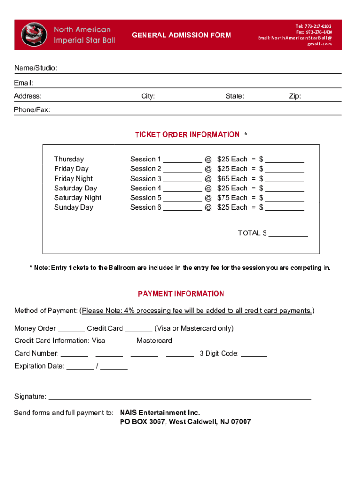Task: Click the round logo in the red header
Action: click(x=34, y=35)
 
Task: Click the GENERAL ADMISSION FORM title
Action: click(x=181, y=35)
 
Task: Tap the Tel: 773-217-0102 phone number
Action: click(x=313, y=26)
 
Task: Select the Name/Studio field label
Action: click(x=36, y=69)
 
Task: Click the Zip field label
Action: click(x=295, y=96)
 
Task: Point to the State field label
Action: click(x=235, y=96)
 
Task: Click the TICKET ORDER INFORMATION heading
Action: click(x=187, y=135)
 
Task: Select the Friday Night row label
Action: click(x=73, y=179)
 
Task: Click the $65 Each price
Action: click(x=232, y=179)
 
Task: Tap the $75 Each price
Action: click(x=232, y=198)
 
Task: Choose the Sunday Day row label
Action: click(x=73, y=208)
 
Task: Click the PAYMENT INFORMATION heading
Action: click(x=181, y=294)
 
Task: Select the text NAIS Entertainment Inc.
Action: click(x=160, y=413)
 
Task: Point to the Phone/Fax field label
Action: click(x=32, y=110)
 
